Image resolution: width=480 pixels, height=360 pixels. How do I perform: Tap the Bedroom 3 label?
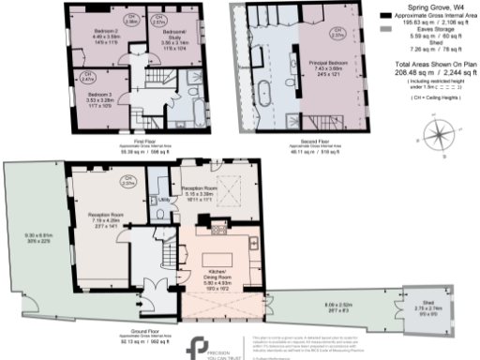(99, 95)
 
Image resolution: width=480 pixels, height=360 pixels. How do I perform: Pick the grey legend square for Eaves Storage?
(387, 29)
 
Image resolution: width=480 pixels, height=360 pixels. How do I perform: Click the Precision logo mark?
(196, 345)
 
